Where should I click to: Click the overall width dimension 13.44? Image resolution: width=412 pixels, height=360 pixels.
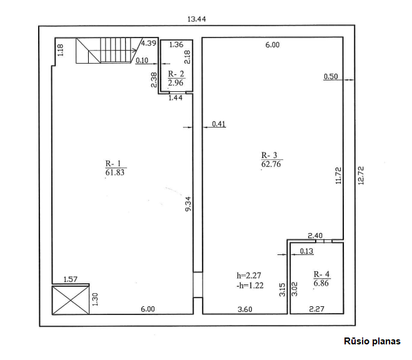pos(196,19)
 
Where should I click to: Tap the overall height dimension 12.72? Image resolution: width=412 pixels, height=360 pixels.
pos(361,176)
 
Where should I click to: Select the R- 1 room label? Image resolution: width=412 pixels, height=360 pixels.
pos(113,163)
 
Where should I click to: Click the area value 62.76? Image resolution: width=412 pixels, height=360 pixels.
pos(271,164)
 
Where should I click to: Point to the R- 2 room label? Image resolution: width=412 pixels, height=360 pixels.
pos(176,74)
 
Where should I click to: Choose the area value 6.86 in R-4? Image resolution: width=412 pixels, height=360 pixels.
pos(321,283)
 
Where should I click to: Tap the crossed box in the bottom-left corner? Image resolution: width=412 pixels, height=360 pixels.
pos(71,300)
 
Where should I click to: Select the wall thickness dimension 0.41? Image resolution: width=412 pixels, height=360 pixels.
pos(219,124)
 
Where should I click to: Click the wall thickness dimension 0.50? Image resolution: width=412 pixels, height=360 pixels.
pos(331,76)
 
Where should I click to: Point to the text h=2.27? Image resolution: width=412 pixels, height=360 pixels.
pos(249,276)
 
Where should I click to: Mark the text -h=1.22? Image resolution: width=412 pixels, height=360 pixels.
pos(249,286)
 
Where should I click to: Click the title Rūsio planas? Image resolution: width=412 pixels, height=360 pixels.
pos(372,341)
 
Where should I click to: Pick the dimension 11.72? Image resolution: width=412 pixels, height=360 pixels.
pos(338,176)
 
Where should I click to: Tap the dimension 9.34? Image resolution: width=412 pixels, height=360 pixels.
pos(188,204)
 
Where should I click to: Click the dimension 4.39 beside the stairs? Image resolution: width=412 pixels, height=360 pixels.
pos(149,43)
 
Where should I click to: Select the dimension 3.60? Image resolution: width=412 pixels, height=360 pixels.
pos(245,309)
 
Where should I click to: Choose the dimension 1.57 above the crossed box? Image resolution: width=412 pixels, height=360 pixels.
pos(71,279)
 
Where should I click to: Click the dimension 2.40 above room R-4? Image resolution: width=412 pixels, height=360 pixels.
pos(315,236)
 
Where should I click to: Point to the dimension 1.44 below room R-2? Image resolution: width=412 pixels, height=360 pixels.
pos(175,97)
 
